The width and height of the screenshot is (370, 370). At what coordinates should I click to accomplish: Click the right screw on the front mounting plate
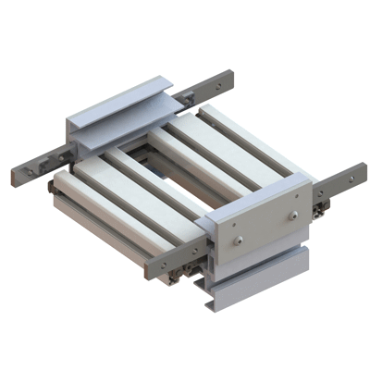294,216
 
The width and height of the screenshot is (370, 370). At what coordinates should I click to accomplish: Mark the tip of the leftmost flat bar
17,175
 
